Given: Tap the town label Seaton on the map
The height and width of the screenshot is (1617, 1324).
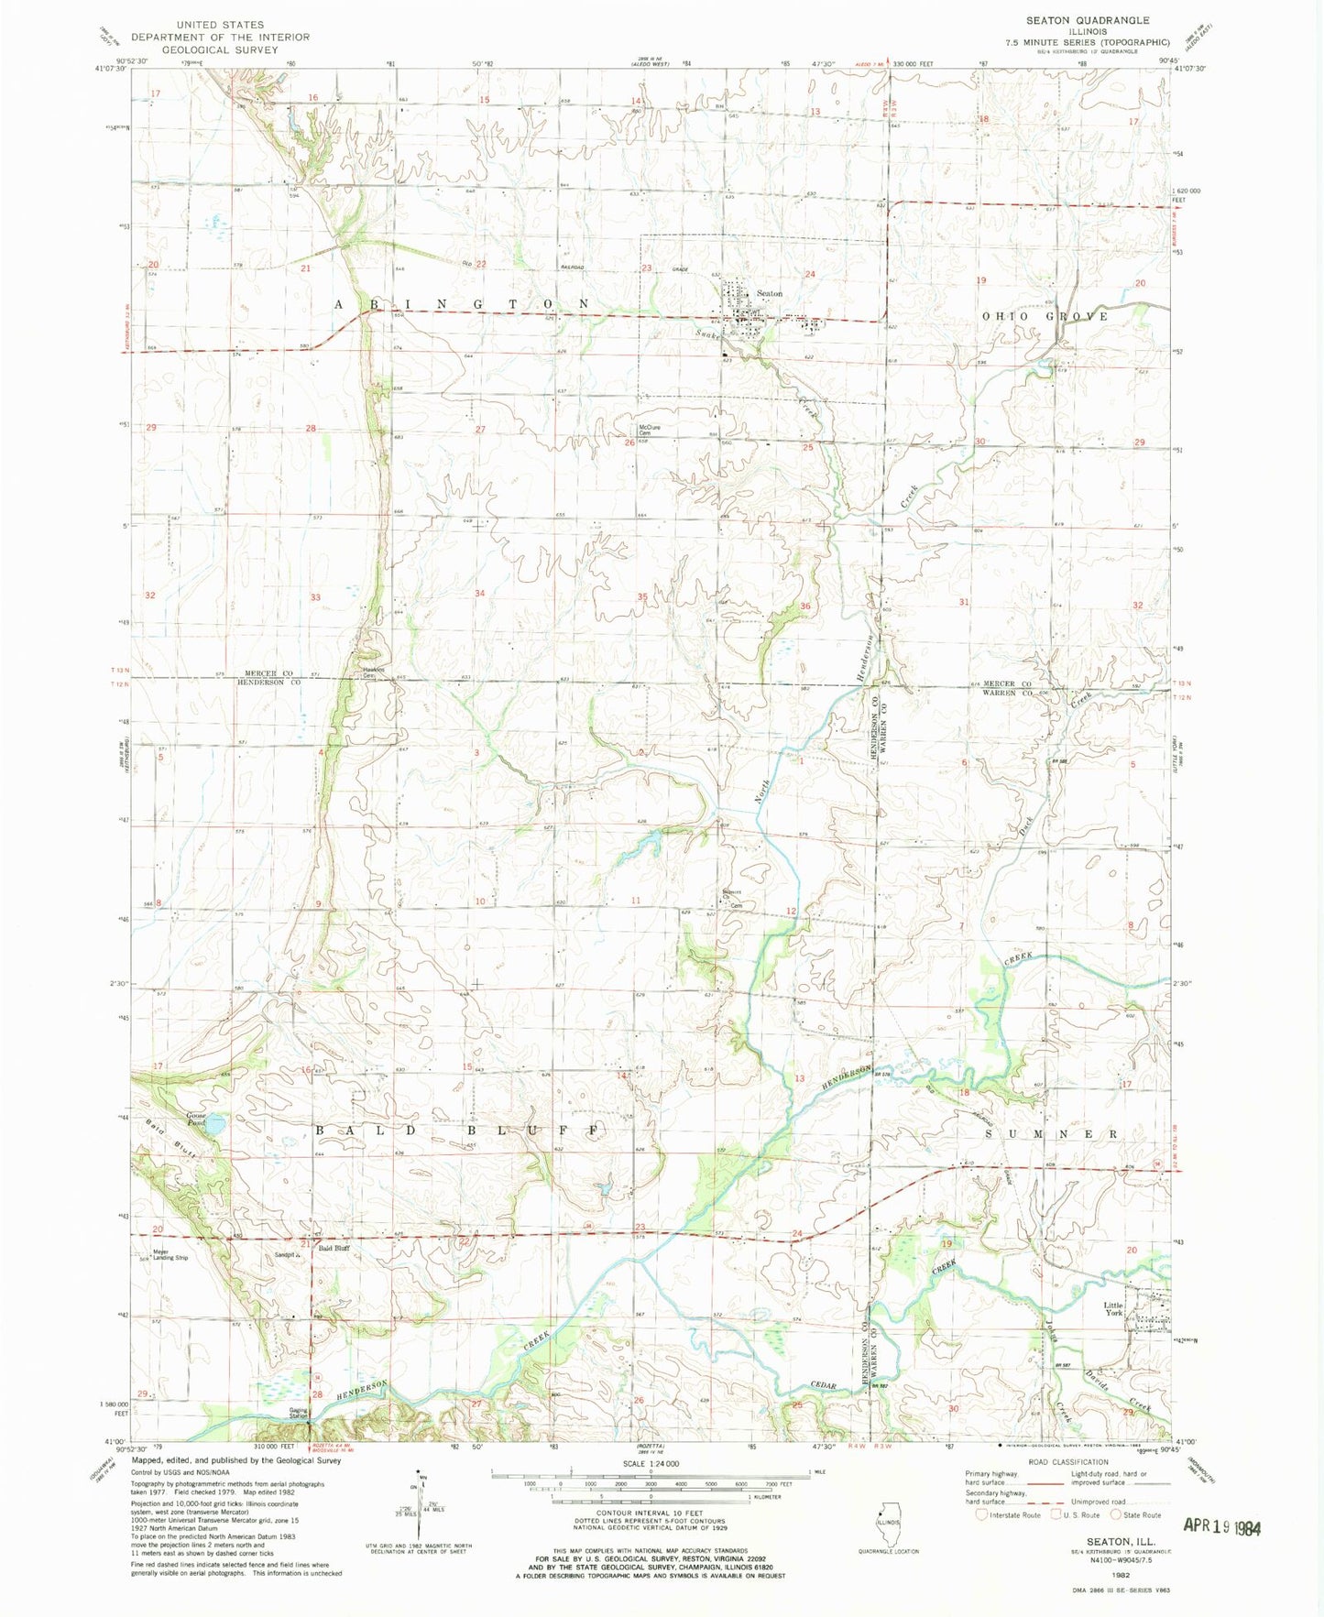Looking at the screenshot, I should [x=770, y=293].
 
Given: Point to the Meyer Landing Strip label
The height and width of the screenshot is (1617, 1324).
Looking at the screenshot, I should [x=170, y=1255].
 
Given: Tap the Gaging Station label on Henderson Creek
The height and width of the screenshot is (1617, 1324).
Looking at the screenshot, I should [x=298, y=1415].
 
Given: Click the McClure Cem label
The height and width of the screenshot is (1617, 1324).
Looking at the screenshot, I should [x=650, y=430].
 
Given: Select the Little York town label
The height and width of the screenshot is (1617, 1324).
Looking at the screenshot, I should [x=1112, y=1309].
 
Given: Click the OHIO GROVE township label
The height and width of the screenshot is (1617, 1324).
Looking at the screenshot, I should [x=1045, y=316].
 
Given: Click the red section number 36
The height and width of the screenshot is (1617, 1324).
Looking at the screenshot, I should [x=805, y=606].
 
